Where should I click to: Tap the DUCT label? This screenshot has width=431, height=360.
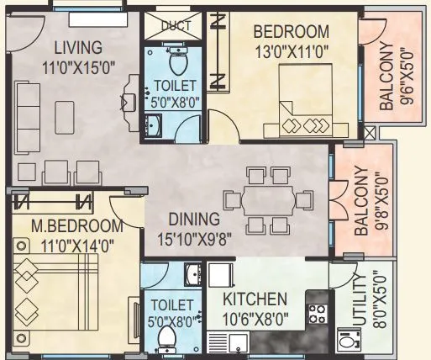176,25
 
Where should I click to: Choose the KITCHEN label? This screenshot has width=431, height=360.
255,299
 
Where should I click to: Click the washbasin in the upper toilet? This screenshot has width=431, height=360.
155,126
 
